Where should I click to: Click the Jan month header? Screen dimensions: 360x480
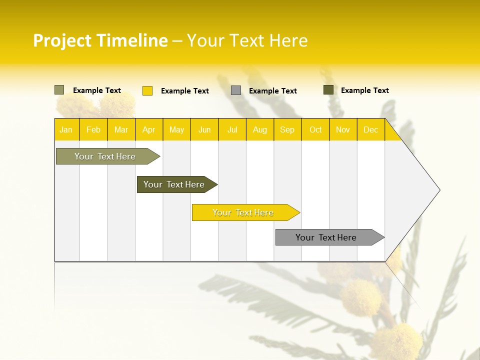point(66,130)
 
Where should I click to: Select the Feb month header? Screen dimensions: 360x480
point(93,130)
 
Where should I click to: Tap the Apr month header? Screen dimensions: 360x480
point(148,130)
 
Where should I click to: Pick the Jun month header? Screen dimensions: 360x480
point(204,130)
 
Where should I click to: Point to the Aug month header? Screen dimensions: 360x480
point(259,130)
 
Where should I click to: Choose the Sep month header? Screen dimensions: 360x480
point(287,130)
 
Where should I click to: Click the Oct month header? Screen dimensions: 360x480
point(315,130)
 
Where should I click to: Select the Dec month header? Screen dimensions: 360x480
point(370,130)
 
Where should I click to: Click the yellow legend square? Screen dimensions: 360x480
point(147,90)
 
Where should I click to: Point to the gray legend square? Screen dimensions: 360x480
point(236,90)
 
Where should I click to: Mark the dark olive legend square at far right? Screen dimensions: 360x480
point(328,90)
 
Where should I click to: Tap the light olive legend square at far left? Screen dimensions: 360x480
point(59,90)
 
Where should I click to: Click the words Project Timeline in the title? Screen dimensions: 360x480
point(100,40)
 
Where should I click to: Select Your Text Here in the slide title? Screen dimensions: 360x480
point(247,40)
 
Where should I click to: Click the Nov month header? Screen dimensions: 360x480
point(343,130)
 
